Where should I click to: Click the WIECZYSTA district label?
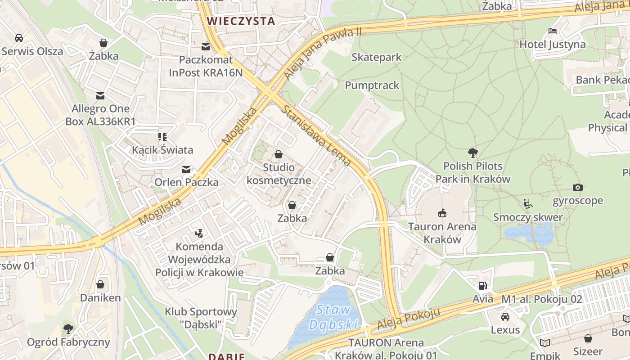coord(241,21)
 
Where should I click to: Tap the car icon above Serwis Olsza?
coord(19,38)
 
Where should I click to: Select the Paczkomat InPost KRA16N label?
coord(206,66)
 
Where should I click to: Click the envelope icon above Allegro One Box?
coord(100,96)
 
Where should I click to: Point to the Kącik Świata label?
coord(162,150)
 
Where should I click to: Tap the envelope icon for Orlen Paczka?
coord(186,170)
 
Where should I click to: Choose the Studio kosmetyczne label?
coord(279,174)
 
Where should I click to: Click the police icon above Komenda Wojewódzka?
coord(199,233)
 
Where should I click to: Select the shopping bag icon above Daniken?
coord(100,284)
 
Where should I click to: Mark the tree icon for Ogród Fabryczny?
coord(68,329)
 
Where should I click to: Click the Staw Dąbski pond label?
coord(333,317)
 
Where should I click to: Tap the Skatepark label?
coord(376,57)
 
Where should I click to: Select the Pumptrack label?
coord(372,85)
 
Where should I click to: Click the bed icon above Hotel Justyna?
coord(553,31)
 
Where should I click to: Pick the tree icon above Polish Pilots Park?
coord(472,153)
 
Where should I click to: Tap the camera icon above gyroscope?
coord(578,187)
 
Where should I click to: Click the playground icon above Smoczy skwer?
coord(528,204)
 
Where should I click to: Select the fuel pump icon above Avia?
coord(482,285)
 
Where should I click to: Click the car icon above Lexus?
coord(505,316)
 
